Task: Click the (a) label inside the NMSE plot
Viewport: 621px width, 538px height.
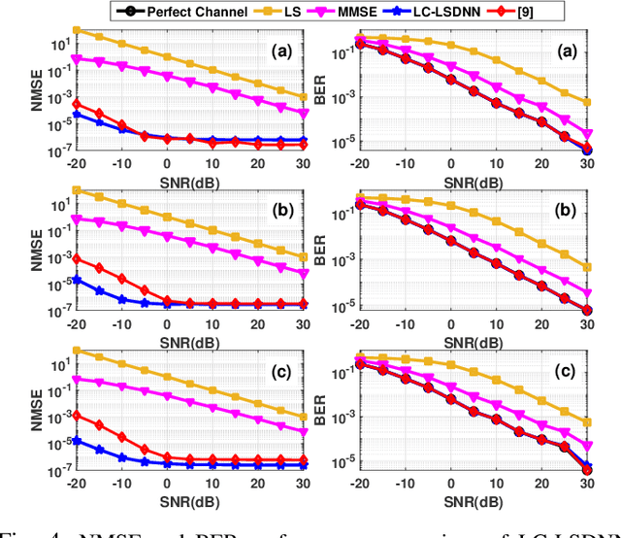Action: pyautogui.click(x=283, y=52)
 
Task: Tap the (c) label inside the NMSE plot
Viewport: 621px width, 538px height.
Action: pyautogui.click(x=283, y=370)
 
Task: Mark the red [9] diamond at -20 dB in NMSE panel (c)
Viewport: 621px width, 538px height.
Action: pyautogui.click(x=77, y=416)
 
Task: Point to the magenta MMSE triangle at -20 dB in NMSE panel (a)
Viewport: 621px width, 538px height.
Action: pyautogui.click(x=77, y=58)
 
